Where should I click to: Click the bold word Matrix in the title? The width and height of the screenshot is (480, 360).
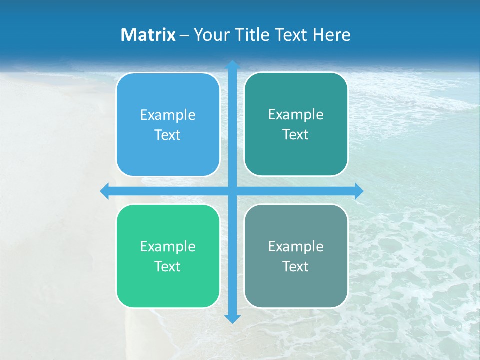click(x=148, y=35)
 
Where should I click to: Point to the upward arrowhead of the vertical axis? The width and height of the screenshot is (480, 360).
click(x=232, y=65)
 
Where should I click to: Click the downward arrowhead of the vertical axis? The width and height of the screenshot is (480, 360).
click(x=232, y=318)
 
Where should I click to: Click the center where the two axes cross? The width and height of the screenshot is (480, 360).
click(x=232, y=191)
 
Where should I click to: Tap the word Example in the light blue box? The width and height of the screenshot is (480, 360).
click(x=168, y=115)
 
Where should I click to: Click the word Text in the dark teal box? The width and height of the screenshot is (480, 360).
click(x=296, y=135)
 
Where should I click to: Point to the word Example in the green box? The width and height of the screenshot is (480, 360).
click(x=168, y=247)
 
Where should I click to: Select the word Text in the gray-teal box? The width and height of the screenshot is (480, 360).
click(x=296, y=266)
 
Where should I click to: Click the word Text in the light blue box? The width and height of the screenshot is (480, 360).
click(x=168, y=135)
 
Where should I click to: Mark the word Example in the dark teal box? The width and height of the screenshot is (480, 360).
click(x=296, y=115)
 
